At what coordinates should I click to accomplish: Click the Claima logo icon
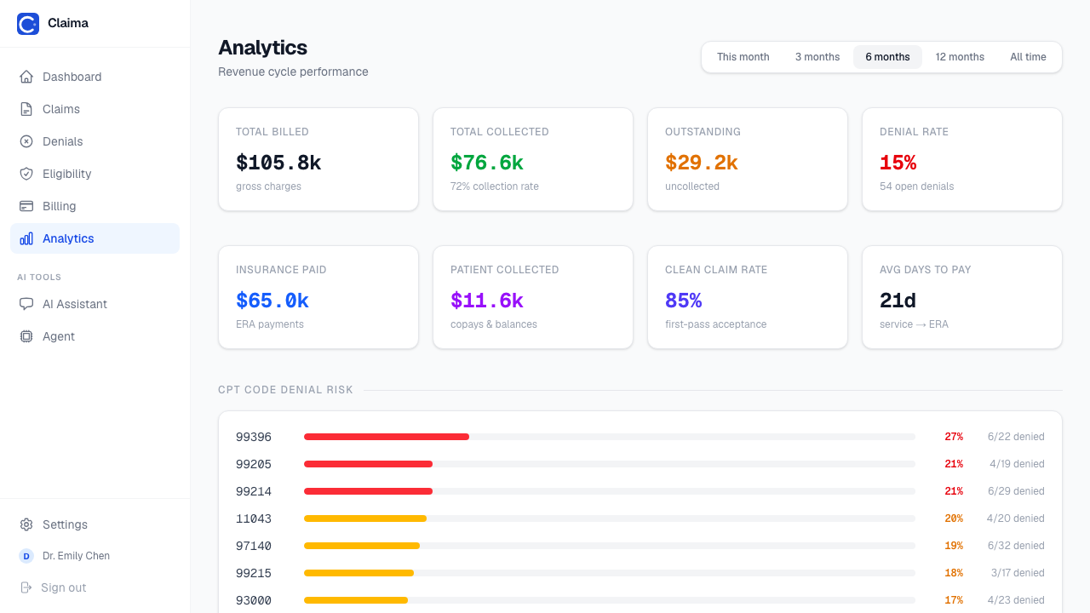[28, 23]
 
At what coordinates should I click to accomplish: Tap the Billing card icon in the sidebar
[26, 206]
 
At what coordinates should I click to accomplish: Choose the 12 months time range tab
[960, 57]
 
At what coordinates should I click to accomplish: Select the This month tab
[743, 57]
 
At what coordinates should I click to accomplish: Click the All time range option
[1028, 57]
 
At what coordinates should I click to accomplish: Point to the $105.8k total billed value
[278, 163]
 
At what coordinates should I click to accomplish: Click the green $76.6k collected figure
[486, 163]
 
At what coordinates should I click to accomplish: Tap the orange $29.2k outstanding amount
[701, 163]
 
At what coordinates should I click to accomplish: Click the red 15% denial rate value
[898, 163]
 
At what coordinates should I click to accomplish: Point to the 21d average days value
[898, 301]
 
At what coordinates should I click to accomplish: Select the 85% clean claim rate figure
[683, 301]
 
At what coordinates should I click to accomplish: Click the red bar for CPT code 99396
[387, 437]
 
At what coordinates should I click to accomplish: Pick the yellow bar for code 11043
[365, 518]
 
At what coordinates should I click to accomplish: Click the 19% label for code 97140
[954, 546]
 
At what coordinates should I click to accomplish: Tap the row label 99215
[254, 573]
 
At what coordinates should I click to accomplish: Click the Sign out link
[63, 587]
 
